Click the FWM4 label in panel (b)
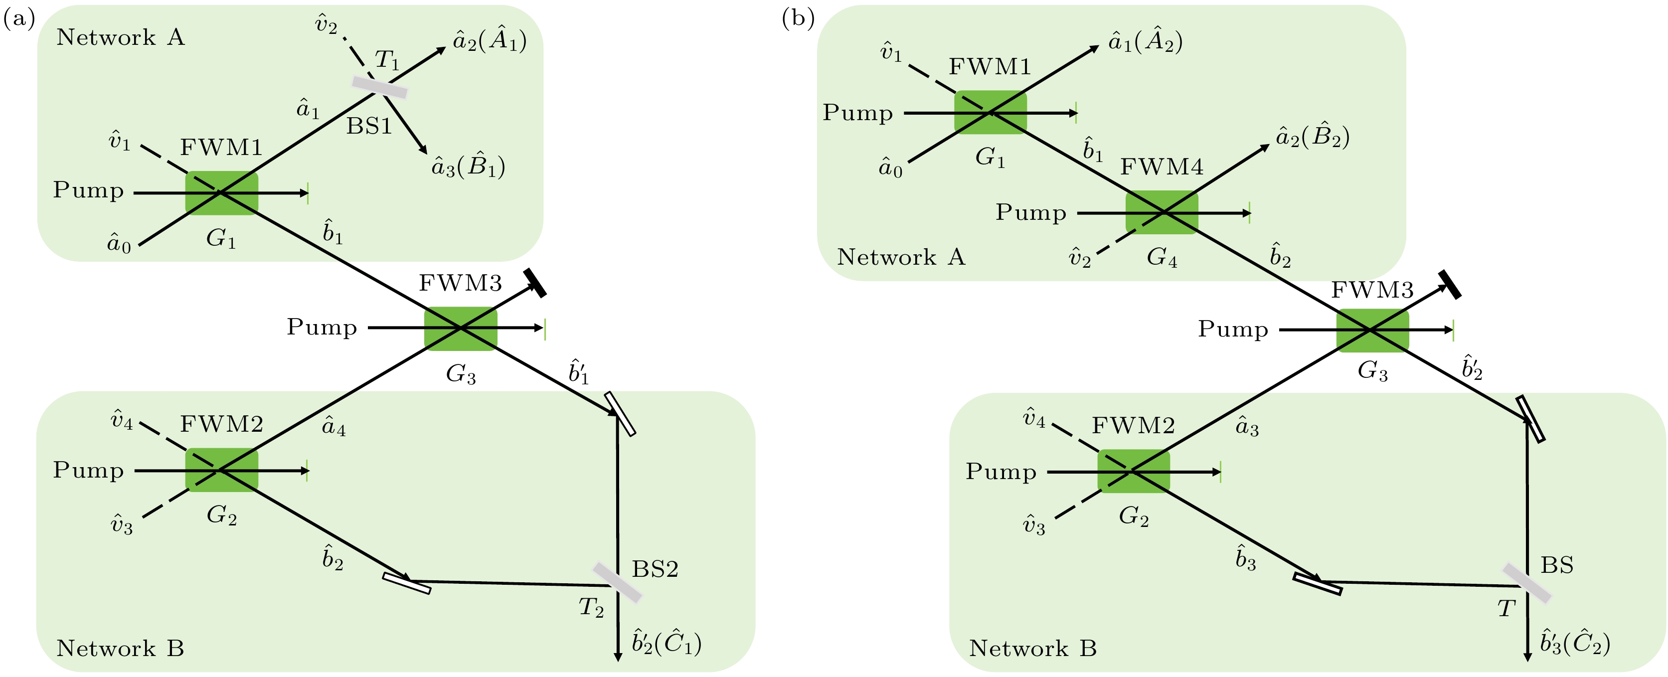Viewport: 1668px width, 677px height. (1162, 167)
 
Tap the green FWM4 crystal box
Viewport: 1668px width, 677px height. (1162, 212)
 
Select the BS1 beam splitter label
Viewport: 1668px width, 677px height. (369, 126)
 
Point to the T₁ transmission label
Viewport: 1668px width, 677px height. (387, 60)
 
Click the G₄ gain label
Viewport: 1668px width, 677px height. (1162, 258)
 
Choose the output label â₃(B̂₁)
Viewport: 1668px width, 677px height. (468, 167)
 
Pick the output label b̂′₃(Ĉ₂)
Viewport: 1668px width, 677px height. (1575, 643)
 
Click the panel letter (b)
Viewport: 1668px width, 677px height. (798, 19)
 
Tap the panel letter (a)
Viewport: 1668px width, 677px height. (19, 19)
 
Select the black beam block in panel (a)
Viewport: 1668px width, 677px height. (535, 283)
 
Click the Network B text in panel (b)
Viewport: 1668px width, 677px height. (1033, 648)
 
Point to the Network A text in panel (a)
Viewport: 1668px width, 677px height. (121, 37)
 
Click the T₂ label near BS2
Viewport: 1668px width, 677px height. (591, 608)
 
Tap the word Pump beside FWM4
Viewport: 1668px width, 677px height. (1031, 212)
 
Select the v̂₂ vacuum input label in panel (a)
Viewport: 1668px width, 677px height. (326, 25)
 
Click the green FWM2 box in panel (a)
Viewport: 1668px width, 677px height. (221, 470)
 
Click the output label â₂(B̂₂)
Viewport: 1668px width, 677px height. (1313, 137)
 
